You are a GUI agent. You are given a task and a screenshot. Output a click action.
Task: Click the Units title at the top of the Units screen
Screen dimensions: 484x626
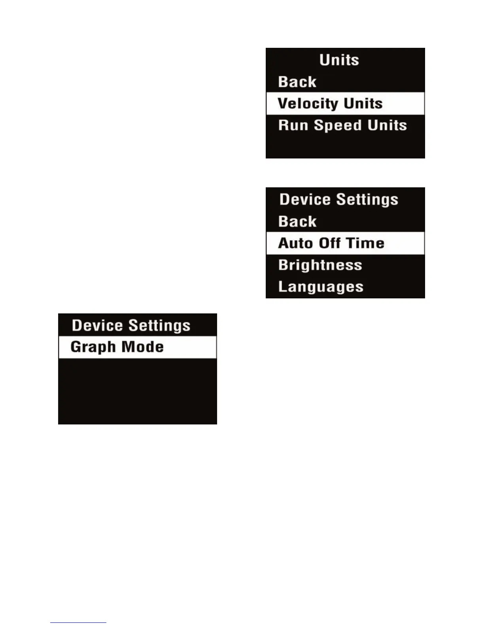[339, 60]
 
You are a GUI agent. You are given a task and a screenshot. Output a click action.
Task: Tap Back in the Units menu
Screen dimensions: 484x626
[297, 82]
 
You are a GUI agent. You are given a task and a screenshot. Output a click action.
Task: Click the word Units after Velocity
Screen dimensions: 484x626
[363, 104]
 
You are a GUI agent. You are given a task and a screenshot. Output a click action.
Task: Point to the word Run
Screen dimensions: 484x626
[293, 125]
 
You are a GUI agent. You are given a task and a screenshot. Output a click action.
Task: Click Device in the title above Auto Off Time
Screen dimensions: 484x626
[305, 199]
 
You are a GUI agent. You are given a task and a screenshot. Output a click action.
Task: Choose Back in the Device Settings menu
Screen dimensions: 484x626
[297, 221]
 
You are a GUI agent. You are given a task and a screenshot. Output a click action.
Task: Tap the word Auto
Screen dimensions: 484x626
[295, 243]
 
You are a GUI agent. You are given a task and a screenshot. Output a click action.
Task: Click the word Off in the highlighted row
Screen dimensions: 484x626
[330, 243]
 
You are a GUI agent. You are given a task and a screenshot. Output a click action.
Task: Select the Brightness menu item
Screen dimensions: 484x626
[320, 265]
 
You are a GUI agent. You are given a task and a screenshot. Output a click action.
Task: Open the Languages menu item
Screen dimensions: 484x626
[321, 287]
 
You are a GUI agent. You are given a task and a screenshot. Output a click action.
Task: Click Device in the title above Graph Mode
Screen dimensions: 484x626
[97, 325]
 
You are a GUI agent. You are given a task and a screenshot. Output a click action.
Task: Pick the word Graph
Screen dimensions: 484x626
[93, 347]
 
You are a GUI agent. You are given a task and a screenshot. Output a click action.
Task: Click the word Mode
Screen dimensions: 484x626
[142, 347]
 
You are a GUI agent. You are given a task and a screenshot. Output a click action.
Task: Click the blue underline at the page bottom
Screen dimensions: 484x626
[78, 622]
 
